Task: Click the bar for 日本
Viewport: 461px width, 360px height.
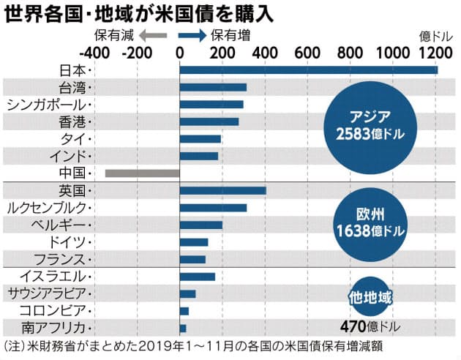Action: pos(307,70)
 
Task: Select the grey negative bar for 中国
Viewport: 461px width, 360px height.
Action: pos(142,173)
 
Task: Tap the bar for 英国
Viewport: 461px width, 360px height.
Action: pos(222,191)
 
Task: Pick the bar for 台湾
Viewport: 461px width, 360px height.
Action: pos(212,88)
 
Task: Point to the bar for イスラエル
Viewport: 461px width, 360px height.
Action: pos(197,277)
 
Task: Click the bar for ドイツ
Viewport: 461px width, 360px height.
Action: pos(193,242)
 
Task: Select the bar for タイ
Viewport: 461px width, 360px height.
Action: pos(200,139)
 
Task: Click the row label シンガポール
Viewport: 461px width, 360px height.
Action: pos(47,105)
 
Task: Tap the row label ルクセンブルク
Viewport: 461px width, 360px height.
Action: pos(47,208)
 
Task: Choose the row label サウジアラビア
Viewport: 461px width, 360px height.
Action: pos(47,293)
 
